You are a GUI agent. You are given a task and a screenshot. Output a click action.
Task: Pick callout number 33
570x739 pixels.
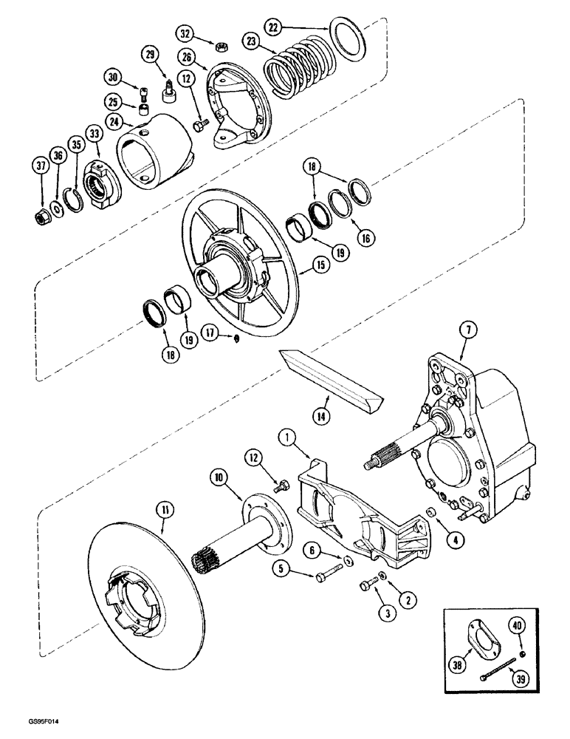pos(95,134)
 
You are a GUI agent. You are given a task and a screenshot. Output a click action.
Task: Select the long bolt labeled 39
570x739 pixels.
pos(487,675)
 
